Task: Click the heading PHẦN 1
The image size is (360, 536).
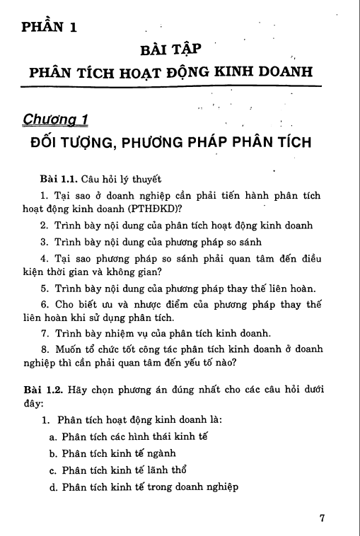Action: [x=49, y=28]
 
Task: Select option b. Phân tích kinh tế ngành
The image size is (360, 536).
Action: [x=112, y=454]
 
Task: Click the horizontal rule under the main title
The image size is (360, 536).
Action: [x=171, y=86]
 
